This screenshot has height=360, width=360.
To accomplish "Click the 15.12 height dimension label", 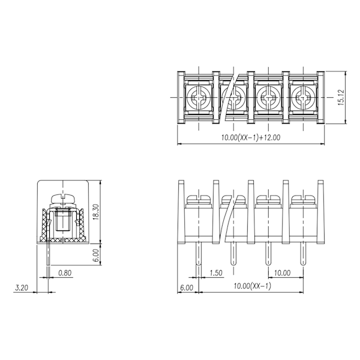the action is pyautogui.click(x=341, y=97).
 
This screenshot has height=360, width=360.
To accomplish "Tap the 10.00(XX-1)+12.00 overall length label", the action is pyautogui.click(x=251, y=137).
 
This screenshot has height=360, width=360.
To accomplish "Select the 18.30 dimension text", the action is pyautogui.click(x=96, y=212).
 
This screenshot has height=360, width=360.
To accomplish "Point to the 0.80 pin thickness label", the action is pyautogui.click(x=65, y=273).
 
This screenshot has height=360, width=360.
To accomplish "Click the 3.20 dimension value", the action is pyautogui.click(x=22, y=288).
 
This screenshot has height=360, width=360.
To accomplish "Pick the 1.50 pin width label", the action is pyautogui.click(x=216, y=273).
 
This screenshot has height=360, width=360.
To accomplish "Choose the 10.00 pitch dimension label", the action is pyautogui.click(x=283, y=273).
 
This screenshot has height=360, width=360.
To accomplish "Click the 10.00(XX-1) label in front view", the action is pyautogui.click(x=253, y=286).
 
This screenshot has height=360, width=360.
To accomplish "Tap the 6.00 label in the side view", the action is pyautogui.click(x=97, y=256).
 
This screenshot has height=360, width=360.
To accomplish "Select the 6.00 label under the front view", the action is pyautogui.click(x=187, y=288).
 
